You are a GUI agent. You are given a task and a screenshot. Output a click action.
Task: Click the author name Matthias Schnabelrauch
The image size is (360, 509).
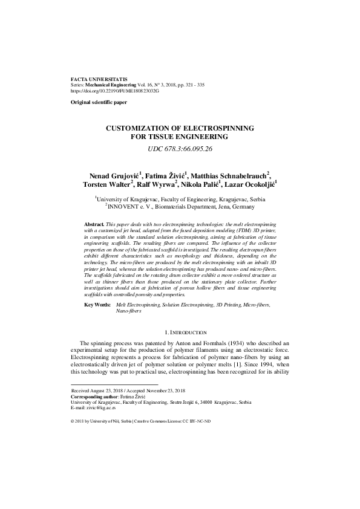tap(231, 175)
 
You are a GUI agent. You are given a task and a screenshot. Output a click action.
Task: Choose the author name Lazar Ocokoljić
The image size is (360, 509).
tap(250, 184)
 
